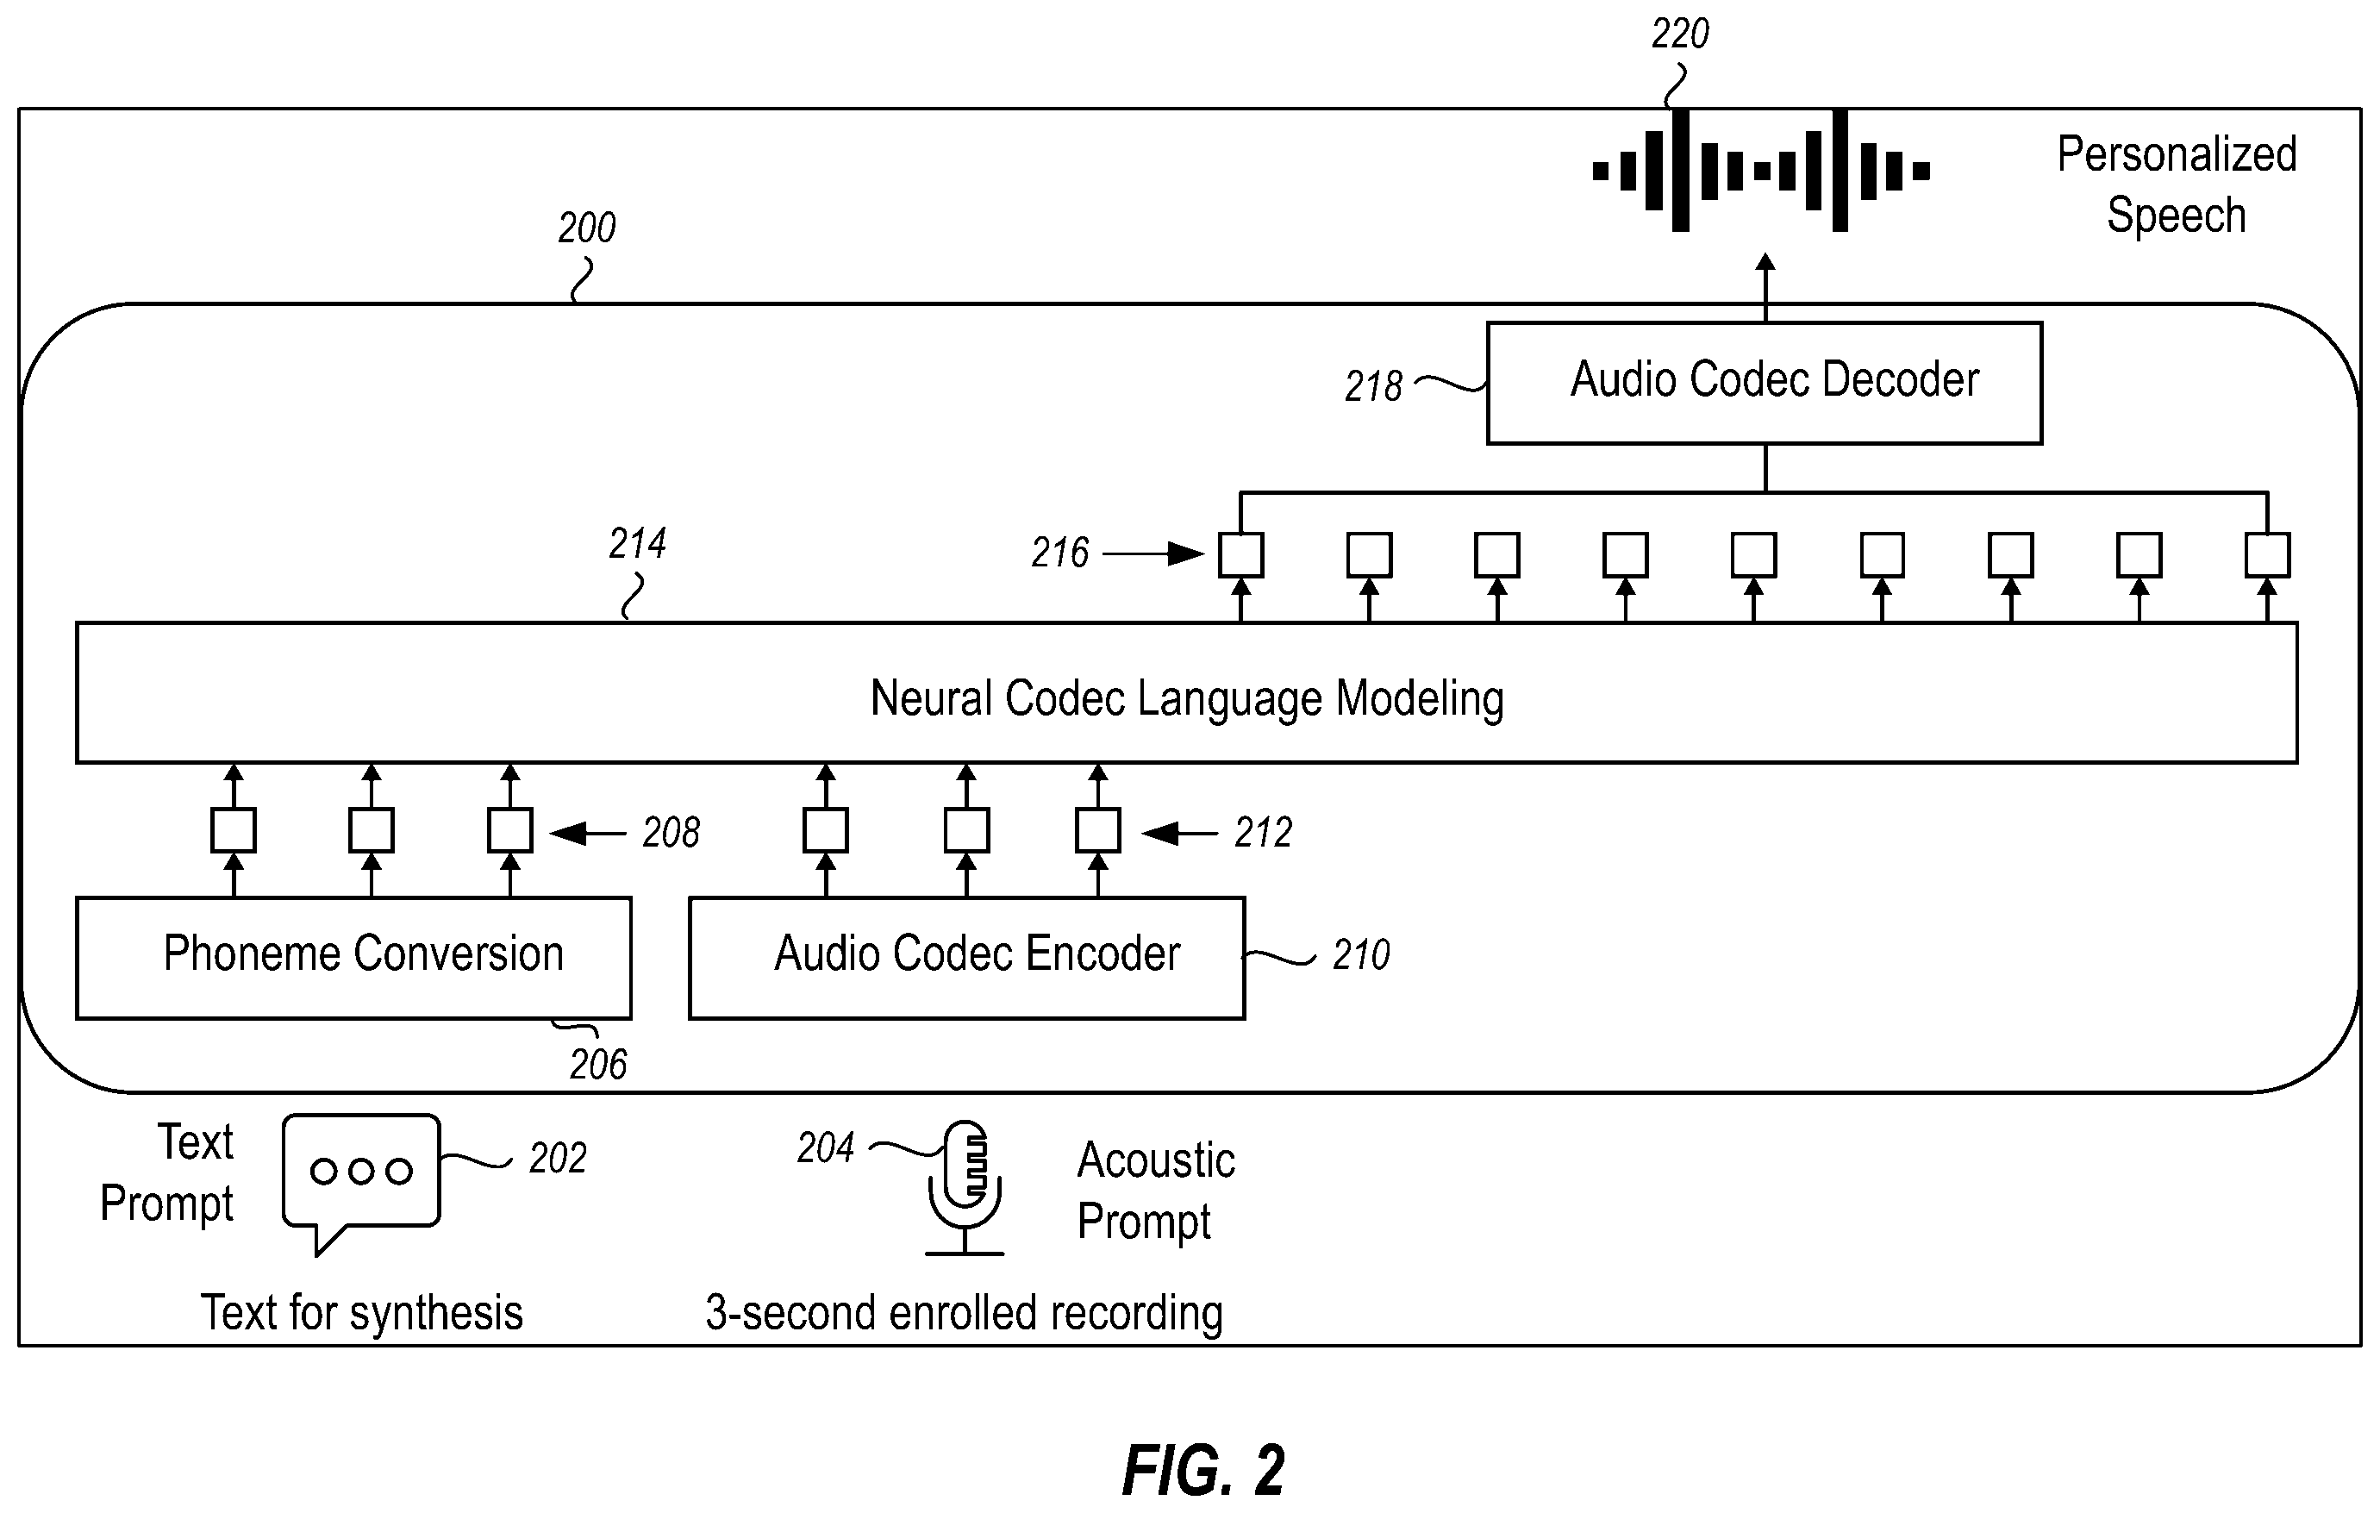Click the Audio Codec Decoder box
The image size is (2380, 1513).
coord(1765,383)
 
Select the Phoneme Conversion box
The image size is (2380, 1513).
coord(353,957)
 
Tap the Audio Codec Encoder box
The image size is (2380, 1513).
coord(966,957)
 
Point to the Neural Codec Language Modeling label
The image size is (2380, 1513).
coord(1187,698)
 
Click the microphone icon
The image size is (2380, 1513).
coord(965,1187)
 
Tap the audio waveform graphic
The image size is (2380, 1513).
coord(1761,171)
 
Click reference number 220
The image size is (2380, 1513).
coord(1680,34)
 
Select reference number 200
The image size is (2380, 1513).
coord(586,228)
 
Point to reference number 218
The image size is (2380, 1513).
coord(1373,386)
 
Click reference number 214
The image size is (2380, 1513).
coord(638,543)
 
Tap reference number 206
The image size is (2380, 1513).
coord(598,1066)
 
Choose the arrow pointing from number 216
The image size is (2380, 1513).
coord(1153,553)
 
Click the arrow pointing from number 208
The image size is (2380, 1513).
coord(587,833)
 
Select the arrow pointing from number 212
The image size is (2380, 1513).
coord(1179,833)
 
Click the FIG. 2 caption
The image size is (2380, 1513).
coord(1204,1471)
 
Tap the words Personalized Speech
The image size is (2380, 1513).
coord(2177,184)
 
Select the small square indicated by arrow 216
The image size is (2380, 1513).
coord(1240,554)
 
